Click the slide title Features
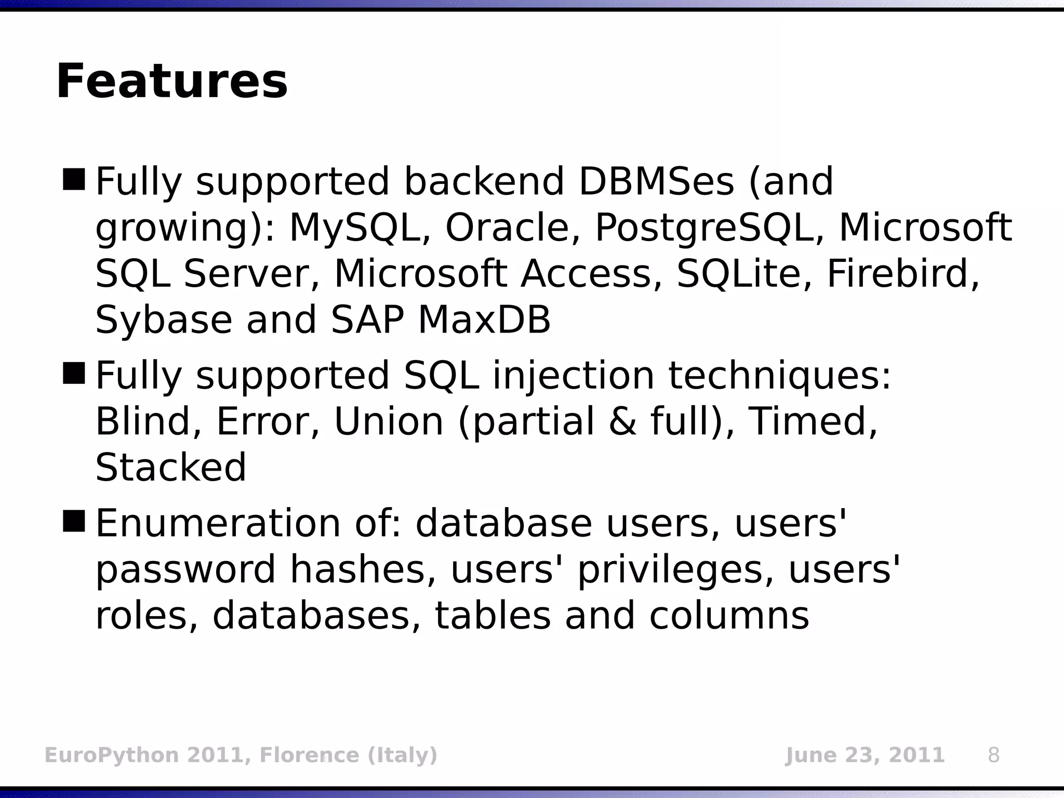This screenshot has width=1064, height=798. coord(171,82)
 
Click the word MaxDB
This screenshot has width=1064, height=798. coord(484,320)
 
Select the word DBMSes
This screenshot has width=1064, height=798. coord(656,182)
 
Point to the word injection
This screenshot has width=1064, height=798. coord(574,376)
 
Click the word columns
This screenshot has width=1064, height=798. coord(729,616)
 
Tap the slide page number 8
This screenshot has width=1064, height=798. coord(993,755)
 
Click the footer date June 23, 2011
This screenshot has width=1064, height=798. coord(864,755)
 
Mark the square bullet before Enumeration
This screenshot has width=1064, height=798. coord(73,521)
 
